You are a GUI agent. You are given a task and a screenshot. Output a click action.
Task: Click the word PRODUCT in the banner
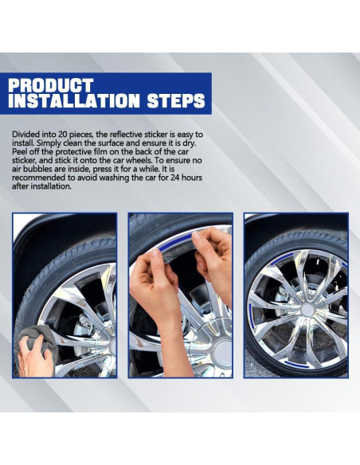pos(51,85)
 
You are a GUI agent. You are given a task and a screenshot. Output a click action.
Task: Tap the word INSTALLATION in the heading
pos(74,100)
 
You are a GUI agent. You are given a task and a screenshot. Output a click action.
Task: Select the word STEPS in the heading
pos(176,100)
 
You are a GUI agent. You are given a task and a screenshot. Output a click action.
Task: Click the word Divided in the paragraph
pos(25,135)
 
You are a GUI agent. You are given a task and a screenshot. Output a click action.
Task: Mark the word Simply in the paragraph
pos(48,143)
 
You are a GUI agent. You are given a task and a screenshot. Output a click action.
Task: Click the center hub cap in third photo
pos(307,310)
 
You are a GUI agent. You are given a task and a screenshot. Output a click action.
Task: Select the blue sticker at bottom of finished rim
pos(296,365)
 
